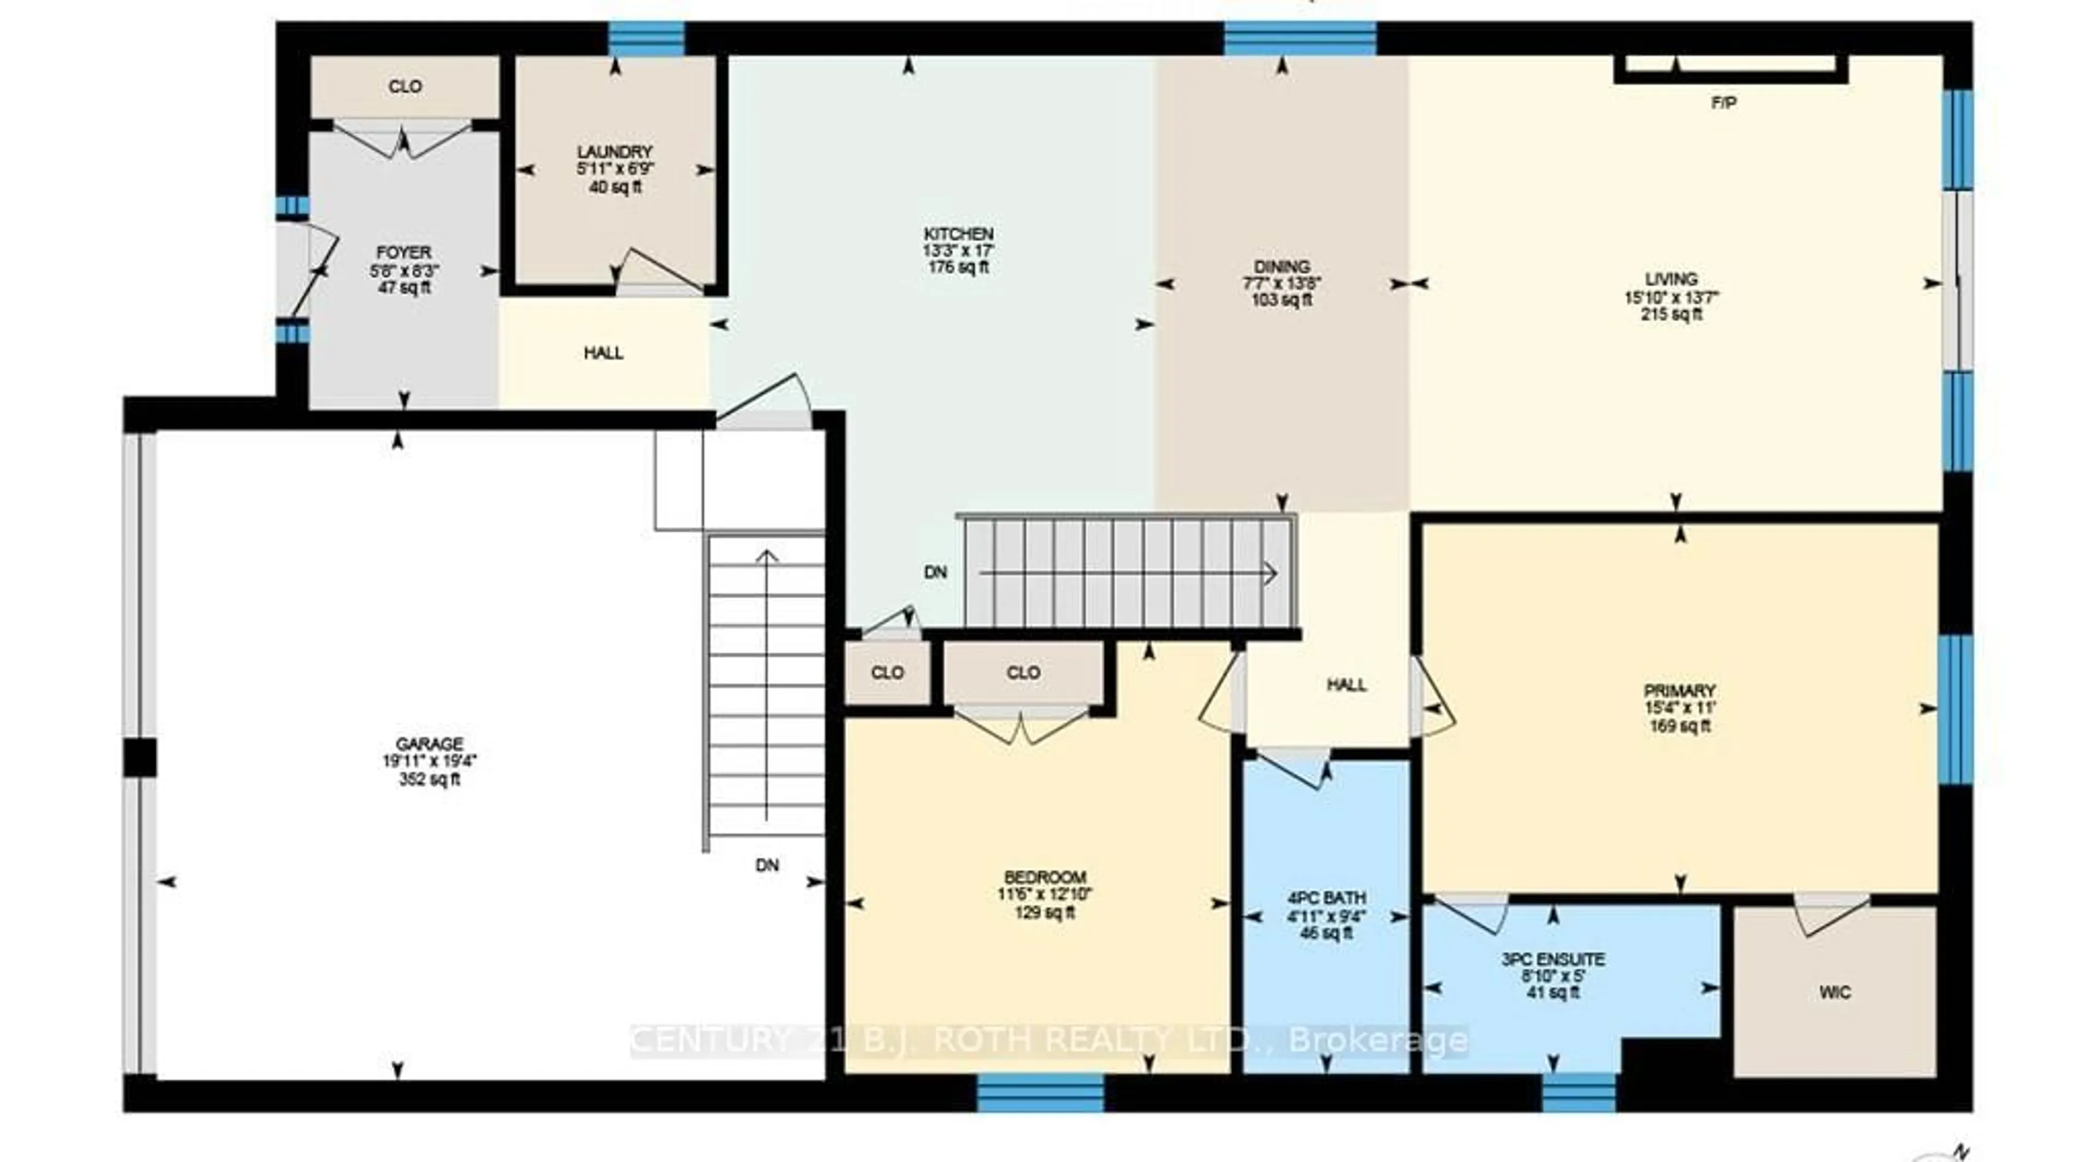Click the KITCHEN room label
coord(958,234)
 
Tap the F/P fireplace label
coord(1723,103)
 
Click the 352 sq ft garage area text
coord(429,779)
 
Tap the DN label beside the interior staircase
coord(935,573)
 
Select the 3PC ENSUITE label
coord(1553,959)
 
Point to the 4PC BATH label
coord(1326,898)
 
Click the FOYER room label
coord(404,252)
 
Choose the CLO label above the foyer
coord(405,86)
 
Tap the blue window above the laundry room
coord(647,38)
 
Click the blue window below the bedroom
coord(1040,1092)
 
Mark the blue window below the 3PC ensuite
coord(1578,1092)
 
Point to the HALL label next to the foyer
coord(603,352)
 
